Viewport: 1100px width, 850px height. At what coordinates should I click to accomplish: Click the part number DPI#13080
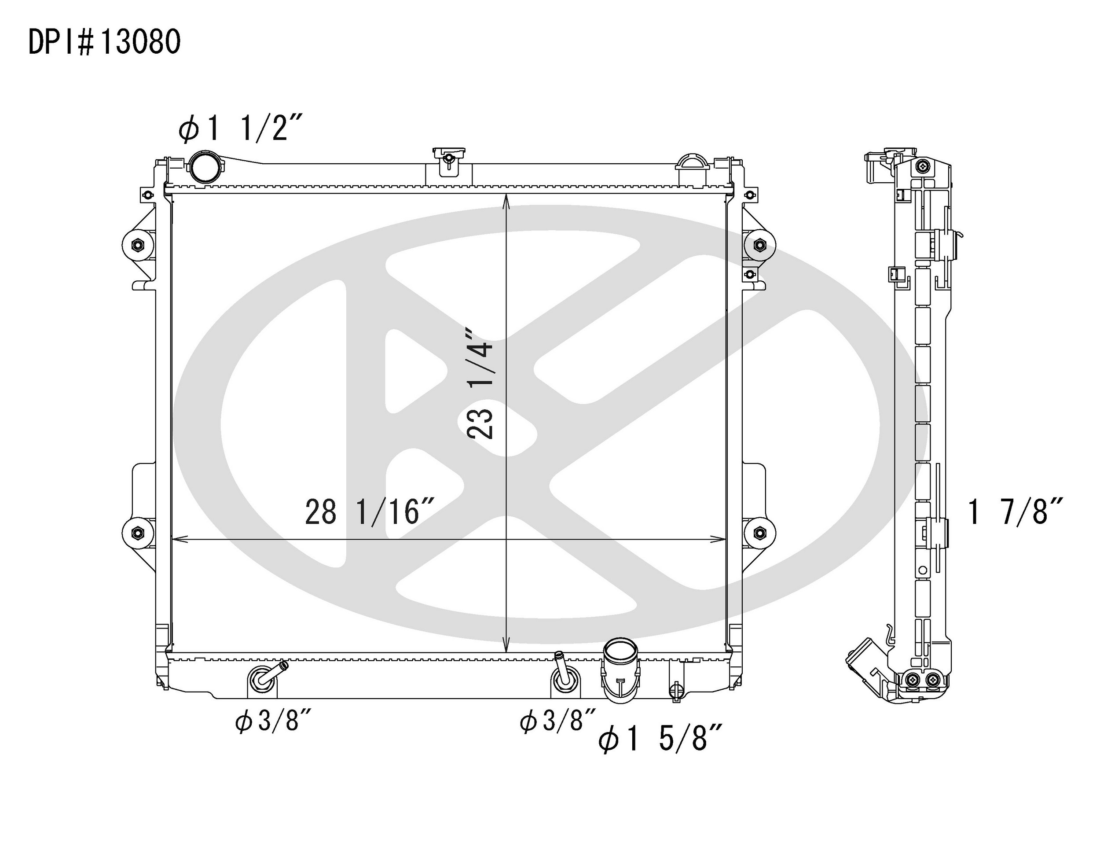[x=104, y=42]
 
